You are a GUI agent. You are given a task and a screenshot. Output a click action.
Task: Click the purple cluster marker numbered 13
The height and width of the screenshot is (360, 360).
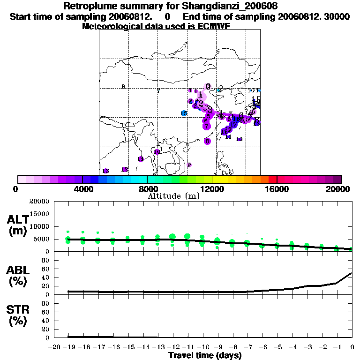pos(106,171)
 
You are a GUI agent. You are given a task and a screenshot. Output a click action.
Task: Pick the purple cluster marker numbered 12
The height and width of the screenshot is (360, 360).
pos(125,169)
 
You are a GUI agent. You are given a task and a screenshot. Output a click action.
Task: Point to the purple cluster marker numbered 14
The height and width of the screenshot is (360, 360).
pos(140,159)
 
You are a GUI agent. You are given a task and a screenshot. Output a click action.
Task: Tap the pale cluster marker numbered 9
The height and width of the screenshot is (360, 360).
pos(189,165)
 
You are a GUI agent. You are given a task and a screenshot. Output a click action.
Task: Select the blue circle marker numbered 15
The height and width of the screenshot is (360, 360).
pos(184,113)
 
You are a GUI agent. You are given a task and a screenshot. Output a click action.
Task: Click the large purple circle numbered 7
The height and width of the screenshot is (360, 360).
pos(206,126)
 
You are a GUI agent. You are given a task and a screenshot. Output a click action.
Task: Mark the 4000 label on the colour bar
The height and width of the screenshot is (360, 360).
pos(82,189)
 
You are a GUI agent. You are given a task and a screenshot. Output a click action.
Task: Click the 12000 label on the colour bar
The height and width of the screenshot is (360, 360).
pos(212,189)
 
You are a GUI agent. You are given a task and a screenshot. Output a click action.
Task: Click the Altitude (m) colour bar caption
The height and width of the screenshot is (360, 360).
pos(174,196)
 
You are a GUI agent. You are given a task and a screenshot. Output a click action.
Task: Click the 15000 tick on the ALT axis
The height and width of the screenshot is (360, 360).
pos(39,214)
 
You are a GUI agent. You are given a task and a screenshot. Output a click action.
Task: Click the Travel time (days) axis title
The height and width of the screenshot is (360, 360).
pos(205,355)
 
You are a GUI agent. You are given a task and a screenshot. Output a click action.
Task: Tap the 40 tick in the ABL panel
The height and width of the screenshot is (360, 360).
pos(46,277)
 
